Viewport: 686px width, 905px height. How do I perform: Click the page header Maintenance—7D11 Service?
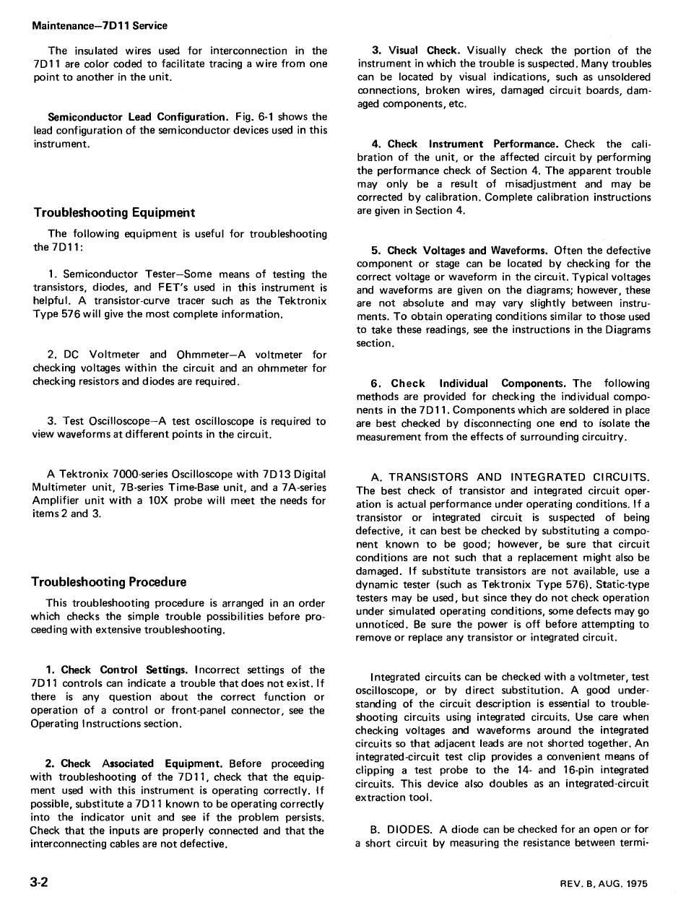pyautogui.click(x=100, y=26)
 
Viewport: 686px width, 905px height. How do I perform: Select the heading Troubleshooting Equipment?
pyautogui.click(x=114, y=212)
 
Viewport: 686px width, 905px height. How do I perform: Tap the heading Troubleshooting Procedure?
pyautogui.click(x=108, y=581)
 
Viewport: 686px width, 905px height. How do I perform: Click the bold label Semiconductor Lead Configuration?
pyautogui.click(x=137, y=117)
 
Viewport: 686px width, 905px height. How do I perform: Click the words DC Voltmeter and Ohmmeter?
pyautogui.click(x=144, y=355)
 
